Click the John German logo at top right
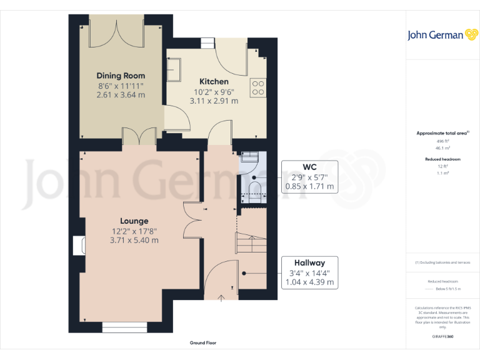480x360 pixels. [442, 34]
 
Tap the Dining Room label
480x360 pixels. [121, 75]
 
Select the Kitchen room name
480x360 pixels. [214, 81]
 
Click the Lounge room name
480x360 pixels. [134, 221]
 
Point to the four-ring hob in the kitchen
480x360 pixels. [257, 88]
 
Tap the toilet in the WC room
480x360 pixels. [254, 189]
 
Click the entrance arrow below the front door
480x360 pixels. [221, 298]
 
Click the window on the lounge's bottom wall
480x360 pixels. [125, 325]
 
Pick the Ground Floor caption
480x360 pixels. [203, 343]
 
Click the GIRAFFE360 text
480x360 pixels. [442, 336]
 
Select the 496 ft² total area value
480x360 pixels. [442, 141]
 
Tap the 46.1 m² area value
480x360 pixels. [442, 148]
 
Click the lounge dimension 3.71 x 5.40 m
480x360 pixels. [134, 240]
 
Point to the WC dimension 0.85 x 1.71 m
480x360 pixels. [309, 186]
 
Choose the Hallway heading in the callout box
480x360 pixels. [310, 263]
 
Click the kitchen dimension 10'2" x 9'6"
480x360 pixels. [214, 91]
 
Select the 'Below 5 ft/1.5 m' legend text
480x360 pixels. [449, 289]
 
